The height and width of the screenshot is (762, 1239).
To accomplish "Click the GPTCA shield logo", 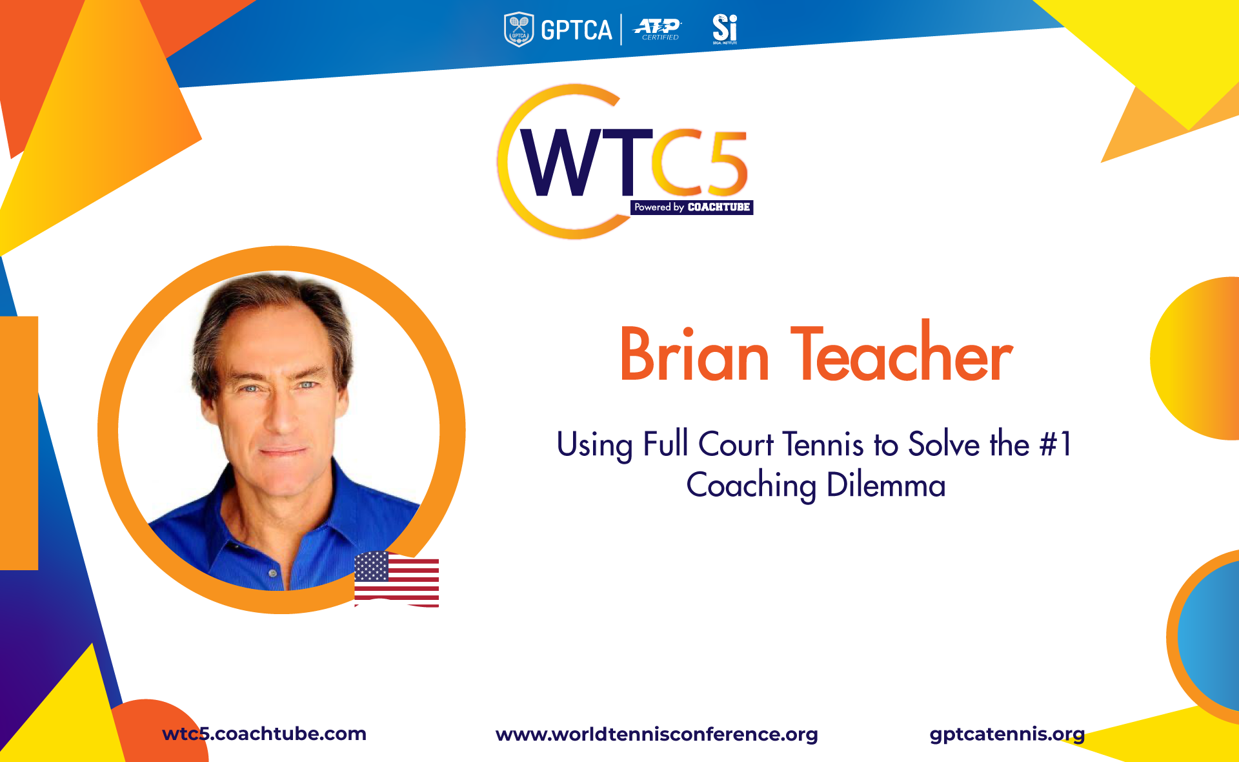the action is (x=519, y=30).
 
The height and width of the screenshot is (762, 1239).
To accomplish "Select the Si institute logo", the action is (x=725, y=29).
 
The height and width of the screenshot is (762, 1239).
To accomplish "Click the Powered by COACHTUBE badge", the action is (x=692, y=207).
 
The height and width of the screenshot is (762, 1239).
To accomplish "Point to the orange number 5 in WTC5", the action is (x=726, y=162).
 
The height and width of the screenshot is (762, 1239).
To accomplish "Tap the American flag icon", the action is (x=396, y=579).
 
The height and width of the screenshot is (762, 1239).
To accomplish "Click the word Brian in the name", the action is (x=694, y=355).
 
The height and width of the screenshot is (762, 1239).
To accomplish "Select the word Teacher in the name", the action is (x=902, y=351).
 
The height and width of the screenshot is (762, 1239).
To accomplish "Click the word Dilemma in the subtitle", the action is (x=886, y=485).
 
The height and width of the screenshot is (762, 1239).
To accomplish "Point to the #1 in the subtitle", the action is (x=1056, y=444).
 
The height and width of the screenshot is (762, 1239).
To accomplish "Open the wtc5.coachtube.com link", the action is (x=265, y=734).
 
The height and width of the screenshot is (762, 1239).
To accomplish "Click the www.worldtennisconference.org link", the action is (x=657, y=734).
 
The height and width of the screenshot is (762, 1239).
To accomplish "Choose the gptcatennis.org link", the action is (x=1007, y=734).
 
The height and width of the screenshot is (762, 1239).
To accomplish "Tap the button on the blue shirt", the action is (x=273, y=573).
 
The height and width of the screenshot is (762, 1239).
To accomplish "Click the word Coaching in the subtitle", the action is (x=751, y=486).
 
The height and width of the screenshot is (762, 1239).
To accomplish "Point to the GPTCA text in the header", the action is (x=576, y=30).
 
